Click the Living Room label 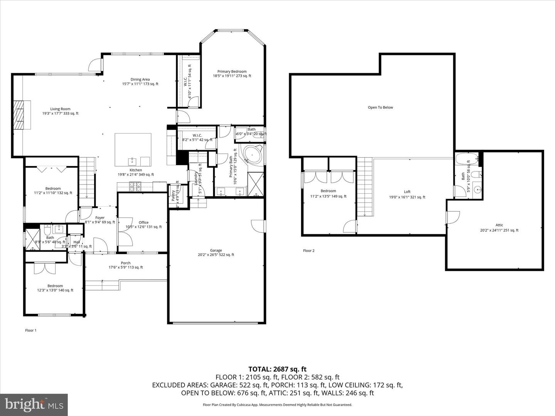[60, 109]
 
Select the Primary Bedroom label [232, 72]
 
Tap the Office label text [143, 223]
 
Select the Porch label [126, 263]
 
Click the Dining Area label [140, 79]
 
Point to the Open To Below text [380, 107]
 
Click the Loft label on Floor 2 [407, 192]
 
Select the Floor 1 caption [30, 330]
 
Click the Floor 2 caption [309, 251]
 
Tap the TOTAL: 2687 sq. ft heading [277, 369]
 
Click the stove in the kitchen [136, 187]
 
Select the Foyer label [100, 218]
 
